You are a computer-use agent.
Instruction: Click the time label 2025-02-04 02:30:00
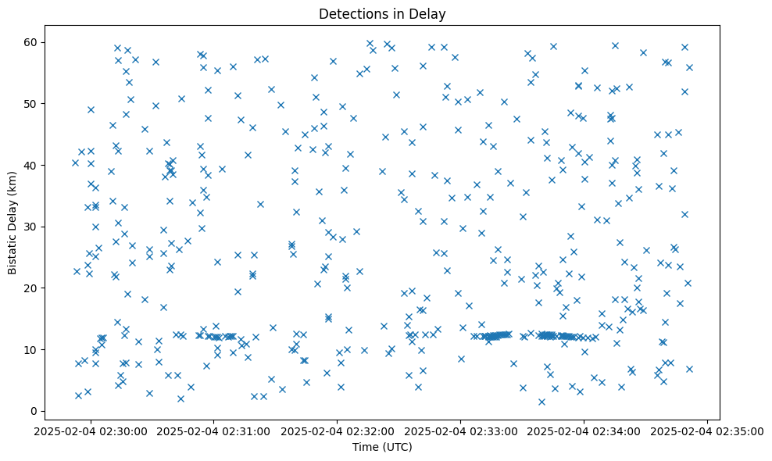tap(91, 431)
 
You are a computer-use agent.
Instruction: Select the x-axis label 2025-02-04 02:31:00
tap(215, 431)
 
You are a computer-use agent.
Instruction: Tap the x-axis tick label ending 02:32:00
tap(338, 431)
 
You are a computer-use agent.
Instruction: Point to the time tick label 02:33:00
tap(461, 431)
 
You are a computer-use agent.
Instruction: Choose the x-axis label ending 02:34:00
tap(584, 431)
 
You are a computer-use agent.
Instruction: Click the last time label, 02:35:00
tap(708, 431)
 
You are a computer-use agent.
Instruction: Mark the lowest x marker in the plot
tap(541, 402)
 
